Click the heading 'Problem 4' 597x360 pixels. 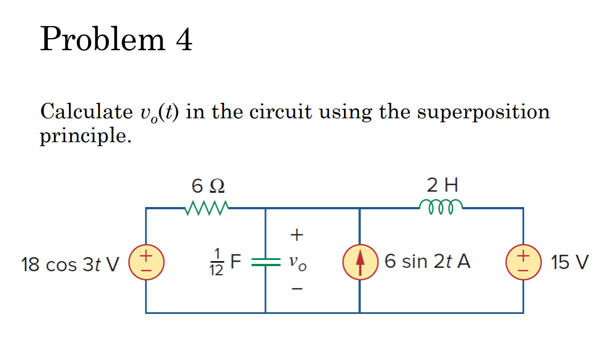[x=117, y=40]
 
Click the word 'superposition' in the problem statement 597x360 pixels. [x=483, y=112]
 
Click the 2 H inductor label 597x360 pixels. [x=442, y=185]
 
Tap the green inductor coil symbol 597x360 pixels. [x=441, y=204]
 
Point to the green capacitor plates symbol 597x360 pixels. [x=265, y=262]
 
